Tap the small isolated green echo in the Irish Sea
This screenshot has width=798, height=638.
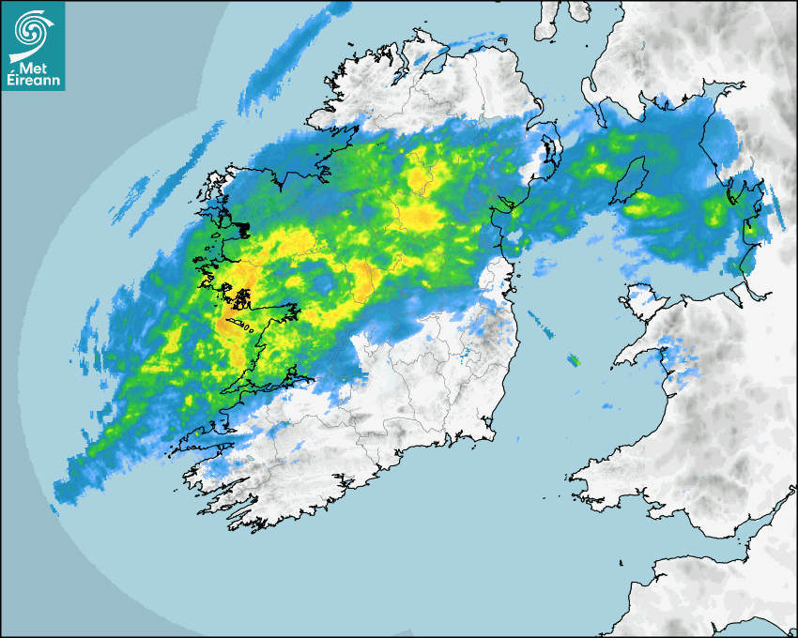click(x=573, y=359)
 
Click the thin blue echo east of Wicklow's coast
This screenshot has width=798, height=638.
click(x=541, y=323)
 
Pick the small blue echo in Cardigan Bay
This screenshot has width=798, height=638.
click(x=606, y=406)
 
